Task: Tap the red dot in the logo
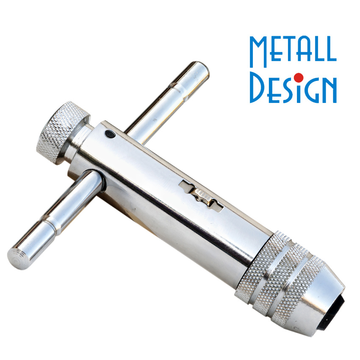(x=299, y=78)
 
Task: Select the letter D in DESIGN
(x=257, y=87)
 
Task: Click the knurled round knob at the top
(x=62, y=132)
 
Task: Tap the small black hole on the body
(x=110, y=134)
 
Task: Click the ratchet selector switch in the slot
(x=202, y=196)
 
